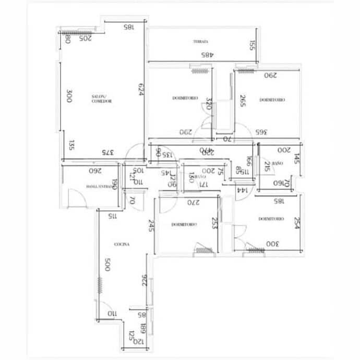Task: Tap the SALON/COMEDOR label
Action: pos(99,99)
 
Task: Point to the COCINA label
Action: pos(122,244)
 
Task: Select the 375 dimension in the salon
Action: pos(106,153)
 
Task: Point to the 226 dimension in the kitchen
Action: pos(145,281)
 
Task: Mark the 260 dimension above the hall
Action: pos(94,171)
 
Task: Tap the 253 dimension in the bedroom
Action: pos(214,224)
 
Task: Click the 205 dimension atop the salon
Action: pos(85,38)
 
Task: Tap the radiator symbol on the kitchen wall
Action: pos(98,287)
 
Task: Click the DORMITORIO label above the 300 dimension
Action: pos(271,219)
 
